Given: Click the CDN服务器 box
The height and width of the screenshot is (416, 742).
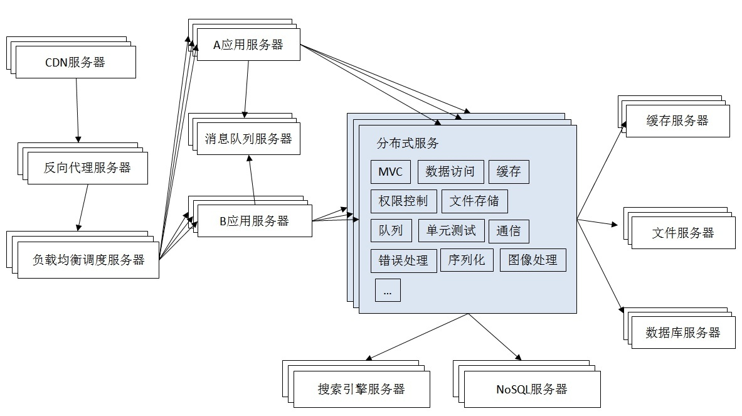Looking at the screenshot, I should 75,63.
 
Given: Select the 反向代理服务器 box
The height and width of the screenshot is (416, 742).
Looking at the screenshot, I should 87,168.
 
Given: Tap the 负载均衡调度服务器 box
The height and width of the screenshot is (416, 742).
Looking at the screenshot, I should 88,260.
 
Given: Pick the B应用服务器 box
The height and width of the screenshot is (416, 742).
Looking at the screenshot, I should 254,221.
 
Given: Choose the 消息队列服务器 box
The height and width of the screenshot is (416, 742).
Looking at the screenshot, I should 248,139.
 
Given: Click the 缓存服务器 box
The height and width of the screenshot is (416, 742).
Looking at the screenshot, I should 677,121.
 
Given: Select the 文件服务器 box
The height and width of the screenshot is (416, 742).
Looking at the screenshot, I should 683,233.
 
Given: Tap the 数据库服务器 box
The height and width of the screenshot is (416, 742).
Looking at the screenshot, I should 683,333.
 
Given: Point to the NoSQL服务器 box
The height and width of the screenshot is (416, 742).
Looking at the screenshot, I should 531,389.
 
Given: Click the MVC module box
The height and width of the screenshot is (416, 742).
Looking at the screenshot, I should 391,172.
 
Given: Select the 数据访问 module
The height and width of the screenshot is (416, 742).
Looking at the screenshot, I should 450,172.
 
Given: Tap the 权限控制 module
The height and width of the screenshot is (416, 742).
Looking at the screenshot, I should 403,201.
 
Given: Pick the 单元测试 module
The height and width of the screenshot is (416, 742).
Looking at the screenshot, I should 451,230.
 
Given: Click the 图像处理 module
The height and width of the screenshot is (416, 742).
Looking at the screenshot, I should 533,260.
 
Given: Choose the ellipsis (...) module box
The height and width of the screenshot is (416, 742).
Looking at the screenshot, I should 388,291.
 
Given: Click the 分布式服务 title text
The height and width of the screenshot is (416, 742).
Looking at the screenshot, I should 408,143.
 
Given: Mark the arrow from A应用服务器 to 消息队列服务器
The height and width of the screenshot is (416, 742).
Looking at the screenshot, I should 246,88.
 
